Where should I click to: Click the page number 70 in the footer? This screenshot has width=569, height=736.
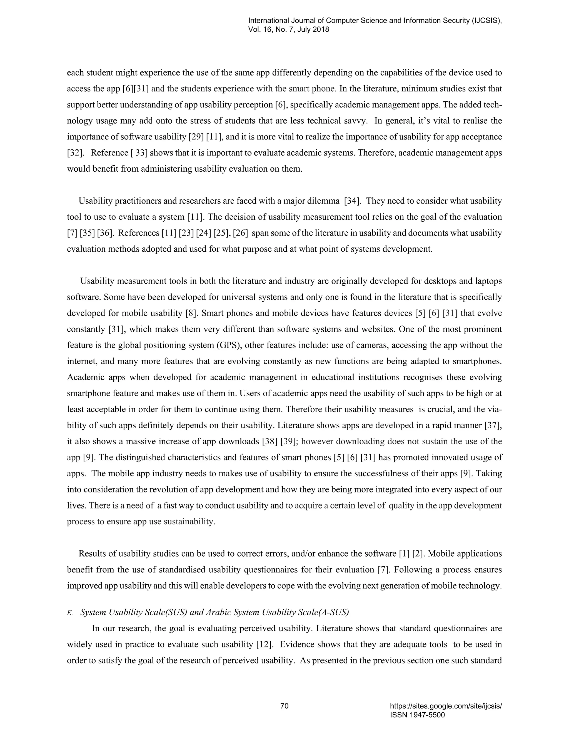pos(284,706)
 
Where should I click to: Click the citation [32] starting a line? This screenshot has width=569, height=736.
pos(75,153)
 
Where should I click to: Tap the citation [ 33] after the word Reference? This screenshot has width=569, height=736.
pos(139,153)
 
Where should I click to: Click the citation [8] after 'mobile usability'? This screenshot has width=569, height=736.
pos(191,313)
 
